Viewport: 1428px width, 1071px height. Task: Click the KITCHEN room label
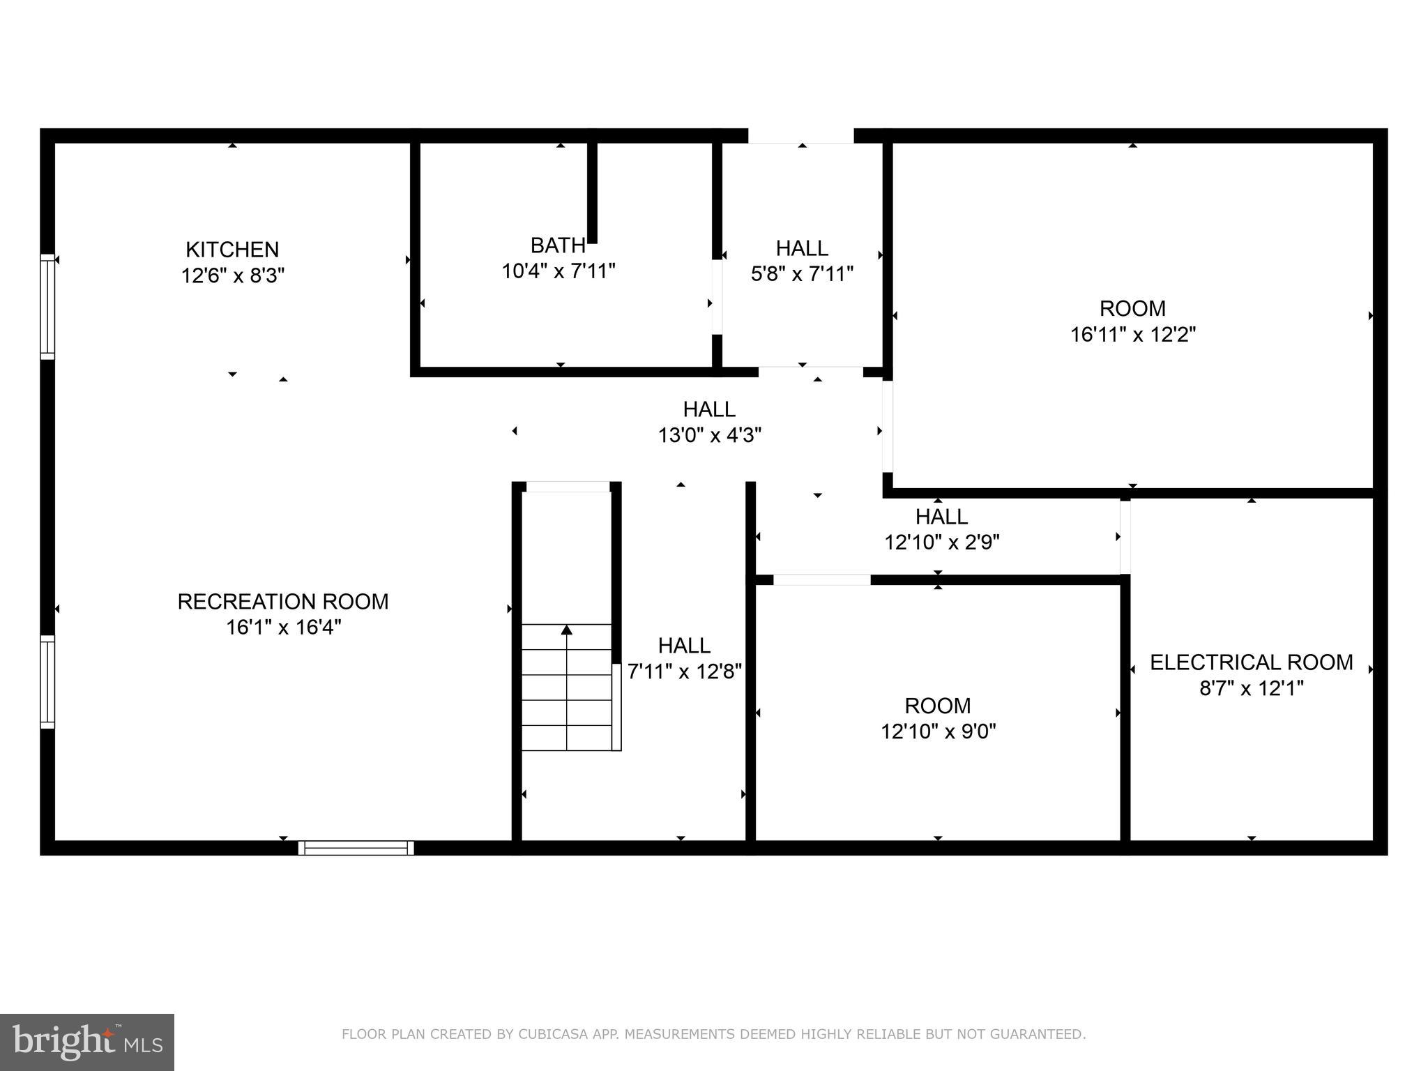click(x=232, y=249)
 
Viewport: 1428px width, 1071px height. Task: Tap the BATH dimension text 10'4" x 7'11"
click(x=559, y=271)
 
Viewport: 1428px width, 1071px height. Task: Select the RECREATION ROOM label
click(x=282, y=601)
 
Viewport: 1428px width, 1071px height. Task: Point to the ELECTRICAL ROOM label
click(x=1251, y=662)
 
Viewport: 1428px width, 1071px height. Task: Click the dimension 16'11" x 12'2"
click(x=1132, y=335)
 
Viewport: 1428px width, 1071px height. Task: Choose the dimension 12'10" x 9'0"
click(x=938, y=731)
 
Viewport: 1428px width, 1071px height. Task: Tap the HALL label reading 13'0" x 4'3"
click(x=709, y=409)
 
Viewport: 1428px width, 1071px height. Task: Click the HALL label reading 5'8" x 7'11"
click(x=802, y=248)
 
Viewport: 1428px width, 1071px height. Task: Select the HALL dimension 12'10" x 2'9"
click(x=941, y=542)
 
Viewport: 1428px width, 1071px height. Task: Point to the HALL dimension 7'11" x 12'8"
click(x=684, y=671)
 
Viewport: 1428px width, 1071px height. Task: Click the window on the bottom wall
click(x=356, y=848)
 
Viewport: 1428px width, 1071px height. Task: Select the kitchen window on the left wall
click(x=47, y=307)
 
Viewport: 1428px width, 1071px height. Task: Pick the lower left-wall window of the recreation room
click(x=47, y=682)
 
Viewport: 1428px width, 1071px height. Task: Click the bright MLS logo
click(x=87, y=1042)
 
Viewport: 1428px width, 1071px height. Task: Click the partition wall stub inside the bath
click(x=592, y=192)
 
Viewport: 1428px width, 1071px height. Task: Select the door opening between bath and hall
click(x=717, y=297)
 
